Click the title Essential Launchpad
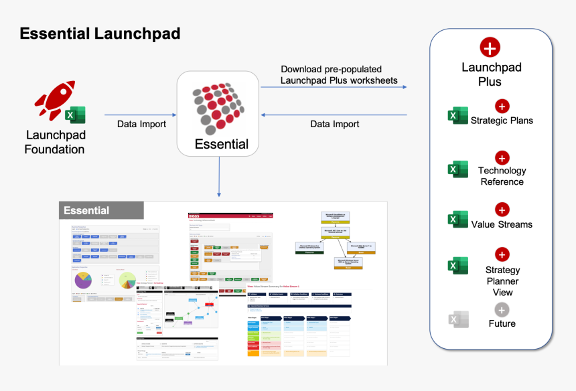coord(100,33)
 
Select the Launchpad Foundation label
coord(54,142)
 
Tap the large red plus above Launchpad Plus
coord(490,48)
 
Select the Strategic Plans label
coord(502,121)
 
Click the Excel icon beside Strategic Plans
coord(457,116)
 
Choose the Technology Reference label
coord(502,176)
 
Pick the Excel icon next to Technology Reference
coord(457,169)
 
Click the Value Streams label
coord(502,224)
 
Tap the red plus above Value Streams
coord(502,210)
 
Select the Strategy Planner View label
coord(502,281)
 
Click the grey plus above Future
coord(502,309)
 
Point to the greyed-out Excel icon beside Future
coord(457,319)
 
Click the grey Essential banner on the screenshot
coord(101,210)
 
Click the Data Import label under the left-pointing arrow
coord(335,124)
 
